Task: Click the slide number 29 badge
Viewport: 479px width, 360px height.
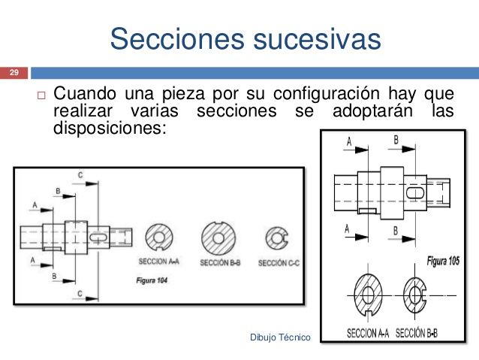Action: pyautogui.click(x=13, y=73)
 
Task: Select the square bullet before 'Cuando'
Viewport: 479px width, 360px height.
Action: pyautogui.click(x=41, y=97)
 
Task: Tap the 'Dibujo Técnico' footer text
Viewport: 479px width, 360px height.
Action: pyautogui.click(x=279, y=339)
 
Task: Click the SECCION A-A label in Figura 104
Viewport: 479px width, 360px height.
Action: pyautogui.click(x=158, y=262)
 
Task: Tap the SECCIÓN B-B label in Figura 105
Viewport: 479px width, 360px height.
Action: pyautogui.click(x=417, y=331)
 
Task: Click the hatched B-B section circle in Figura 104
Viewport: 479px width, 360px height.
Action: pyautogui.click(x=218, y=237)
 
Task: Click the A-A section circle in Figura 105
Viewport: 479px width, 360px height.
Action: pyautogui.click(x=370, y=293)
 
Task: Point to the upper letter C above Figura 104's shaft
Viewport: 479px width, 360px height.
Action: pyautogui.click(x=80, y=175)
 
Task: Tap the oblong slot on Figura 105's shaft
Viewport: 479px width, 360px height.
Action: pyautogui.click(x=414, y=192)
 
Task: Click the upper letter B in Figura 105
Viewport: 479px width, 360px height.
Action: pyautogui.click(x=395, y=140)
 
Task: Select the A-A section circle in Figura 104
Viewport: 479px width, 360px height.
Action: pyautogui.click(x=158, y=237)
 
